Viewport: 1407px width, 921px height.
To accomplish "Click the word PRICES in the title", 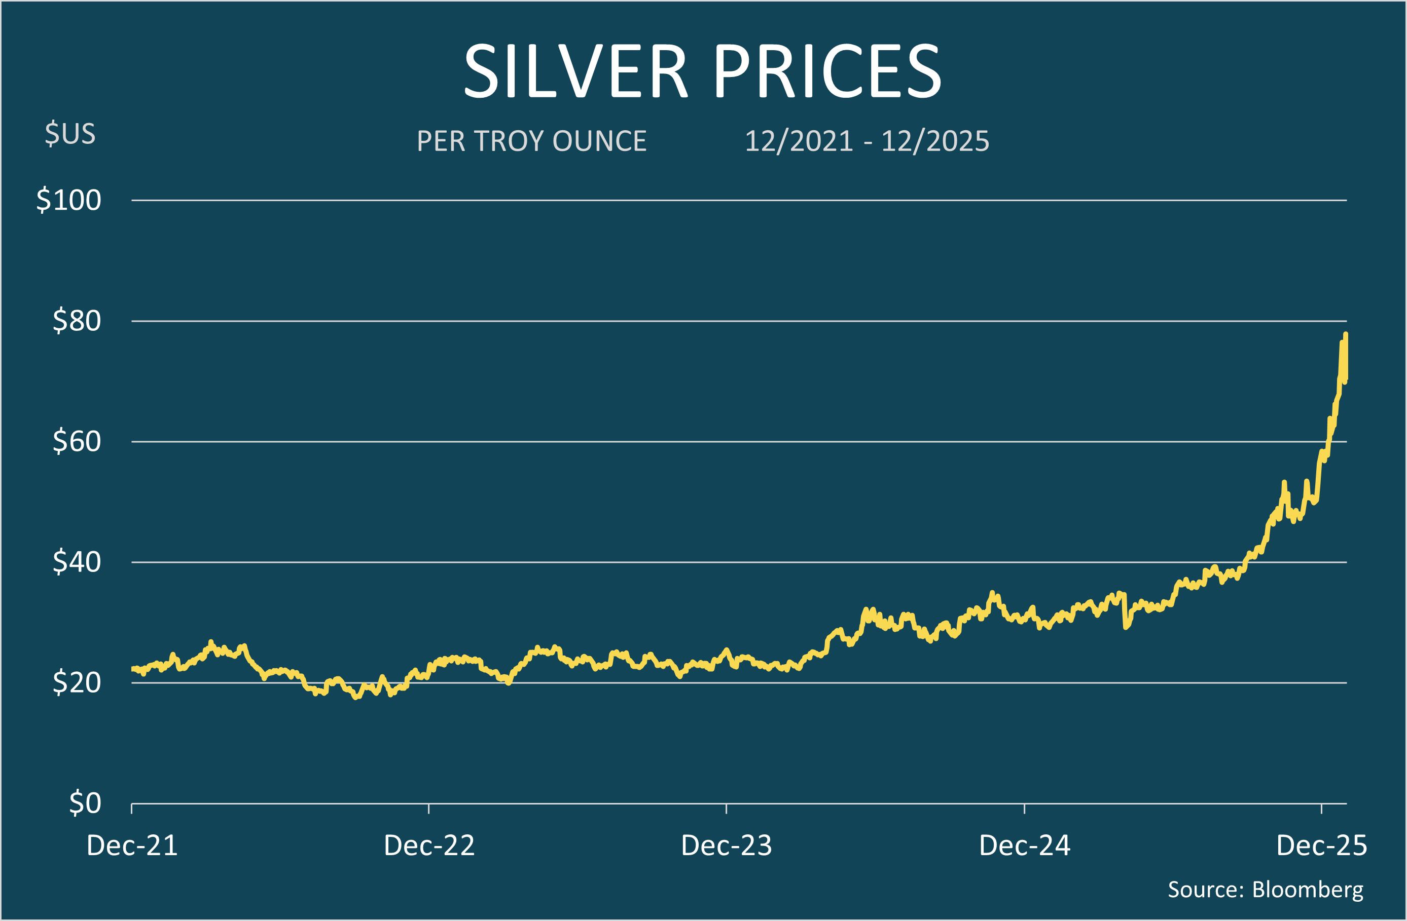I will click(x=827, y=71).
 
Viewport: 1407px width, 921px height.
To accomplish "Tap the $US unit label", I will click(x=70, y=134).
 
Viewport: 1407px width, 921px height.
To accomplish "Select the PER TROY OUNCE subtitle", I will click(x=531, y=141).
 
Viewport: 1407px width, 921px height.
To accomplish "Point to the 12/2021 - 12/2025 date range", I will click(x=867, y=141).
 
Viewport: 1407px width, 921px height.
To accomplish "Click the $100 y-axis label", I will click(x=68, y=200).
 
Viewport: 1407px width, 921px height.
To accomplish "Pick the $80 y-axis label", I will click(x=77, y=321).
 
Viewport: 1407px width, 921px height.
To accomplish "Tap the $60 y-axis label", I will click(x=77, y=441).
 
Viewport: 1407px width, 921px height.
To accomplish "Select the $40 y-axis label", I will click(x=77, y=562).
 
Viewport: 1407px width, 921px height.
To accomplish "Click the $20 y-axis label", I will click(x=77, y=682).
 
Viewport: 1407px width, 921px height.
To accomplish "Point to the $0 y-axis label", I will click(x=85, y=803).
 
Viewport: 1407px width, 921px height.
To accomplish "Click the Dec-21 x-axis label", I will click(x=132, y=846).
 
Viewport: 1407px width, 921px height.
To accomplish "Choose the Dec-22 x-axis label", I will click(x=429, y=846).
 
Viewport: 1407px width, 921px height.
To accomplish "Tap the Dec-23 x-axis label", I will click(x=727, y=846).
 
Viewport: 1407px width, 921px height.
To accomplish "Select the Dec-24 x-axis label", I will click(x=1025, y=846).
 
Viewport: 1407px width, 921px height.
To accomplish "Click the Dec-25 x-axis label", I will click(x=1322, y=846).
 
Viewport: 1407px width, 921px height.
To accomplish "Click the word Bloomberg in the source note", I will click(x=1308, y=890).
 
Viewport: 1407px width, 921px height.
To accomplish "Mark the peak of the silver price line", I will click(x=1346, y=334).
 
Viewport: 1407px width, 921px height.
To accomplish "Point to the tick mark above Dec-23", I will click(x=726, y=809).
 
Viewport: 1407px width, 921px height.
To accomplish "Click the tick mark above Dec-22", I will click(x=428, y=809).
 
